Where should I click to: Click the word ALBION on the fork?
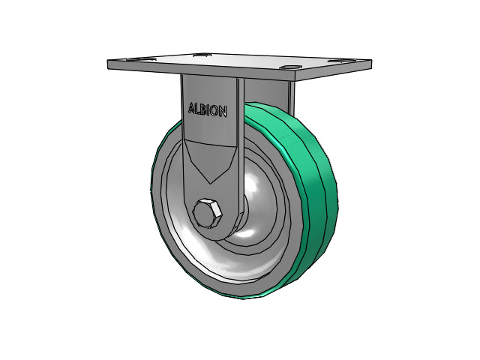coord(208,110)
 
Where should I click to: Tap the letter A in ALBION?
coord(192,108)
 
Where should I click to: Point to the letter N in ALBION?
coord(223,112)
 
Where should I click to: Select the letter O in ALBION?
coord(214,111)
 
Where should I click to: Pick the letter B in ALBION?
coord(202,109)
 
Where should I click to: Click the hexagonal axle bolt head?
coord(207,213)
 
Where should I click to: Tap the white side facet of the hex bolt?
coord(217,211)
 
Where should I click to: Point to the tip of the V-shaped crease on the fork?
coord(210,184)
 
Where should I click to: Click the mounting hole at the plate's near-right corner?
coord(289,67)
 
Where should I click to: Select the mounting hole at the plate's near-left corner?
coord(133,59)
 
